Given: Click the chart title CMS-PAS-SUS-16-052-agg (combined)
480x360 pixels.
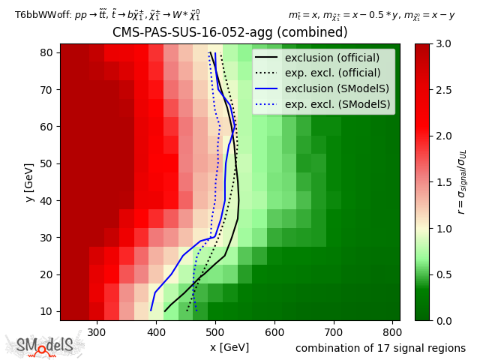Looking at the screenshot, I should point(229,33).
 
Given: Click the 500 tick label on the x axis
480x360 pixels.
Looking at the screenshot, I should point(215,331).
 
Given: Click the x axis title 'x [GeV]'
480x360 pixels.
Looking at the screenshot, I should point(229,347).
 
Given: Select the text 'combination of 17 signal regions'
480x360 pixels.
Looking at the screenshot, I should point(380,348).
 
